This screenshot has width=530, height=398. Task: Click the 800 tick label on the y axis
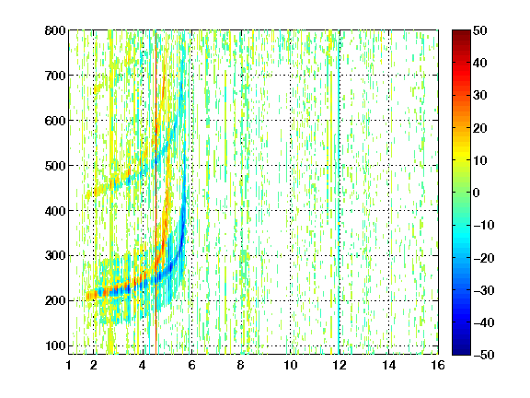coord(55,30)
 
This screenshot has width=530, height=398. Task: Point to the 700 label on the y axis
coord(55,76)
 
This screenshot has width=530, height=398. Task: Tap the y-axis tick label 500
coord(55,166)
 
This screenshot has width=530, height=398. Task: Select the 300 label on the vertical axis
coord(55,256)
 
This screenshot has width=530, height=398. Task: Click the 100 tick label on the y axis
coord(55,345)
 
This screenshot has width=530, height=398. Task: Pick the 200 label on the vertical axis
coord(55,301)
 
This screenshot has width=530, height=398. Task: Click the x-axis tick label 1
coord(69,365)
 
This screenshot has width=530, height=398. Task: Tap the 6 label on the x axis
coord(191,365)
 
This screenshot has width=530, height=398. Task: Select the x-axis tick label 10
coord(291,365)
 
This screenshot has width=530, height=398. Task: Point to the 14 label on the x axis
coord(389,365)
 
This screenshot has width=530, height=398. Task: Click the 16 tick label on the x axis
coord(438,365)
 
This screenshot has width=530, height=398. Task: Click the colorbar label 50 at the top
coord(480,30)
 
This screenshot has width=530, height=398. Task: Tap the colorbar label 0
coord(477,193)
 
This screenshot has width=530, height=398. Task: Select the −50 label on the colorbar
coord(484,355)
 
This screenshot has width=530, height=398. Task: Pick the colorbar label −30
coord(484,290)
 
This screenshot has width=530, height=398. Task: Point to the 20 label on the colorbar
coord(480,128)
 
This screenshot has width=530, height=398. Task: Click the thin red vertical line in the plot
coord(156,193)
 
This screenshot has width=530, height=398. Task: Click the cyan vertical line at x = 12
coord(339,193)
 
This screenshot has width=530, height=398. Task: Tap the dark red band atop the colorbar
coord(461,37)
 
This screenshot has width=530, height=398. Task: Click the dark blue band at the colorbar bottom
coord(461,348)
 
